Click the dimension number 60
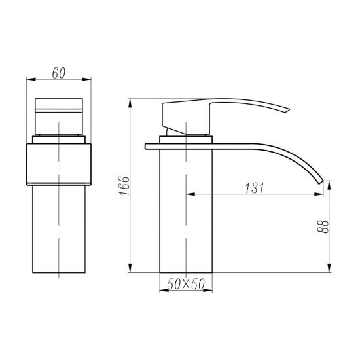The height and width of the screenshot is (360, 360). tap(60, 72)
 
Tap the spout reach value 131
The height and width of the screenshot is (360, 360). tap(255, 189)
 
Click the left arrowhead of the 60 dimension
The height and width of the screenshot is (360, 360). tap(28, 79)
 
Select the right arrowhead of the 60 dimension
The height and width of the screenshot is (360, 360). tap(91, 79)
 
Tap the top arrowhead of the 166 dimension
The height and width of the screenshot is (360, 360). tap(131, 102)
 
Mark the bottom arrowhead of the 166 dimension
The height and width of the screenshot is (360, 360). tap(131, 270)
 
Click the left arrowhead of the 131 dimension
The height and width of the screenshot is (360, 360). tap(190, 195)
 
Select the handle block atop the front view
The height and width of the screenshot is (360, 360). tap(60, 116)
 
